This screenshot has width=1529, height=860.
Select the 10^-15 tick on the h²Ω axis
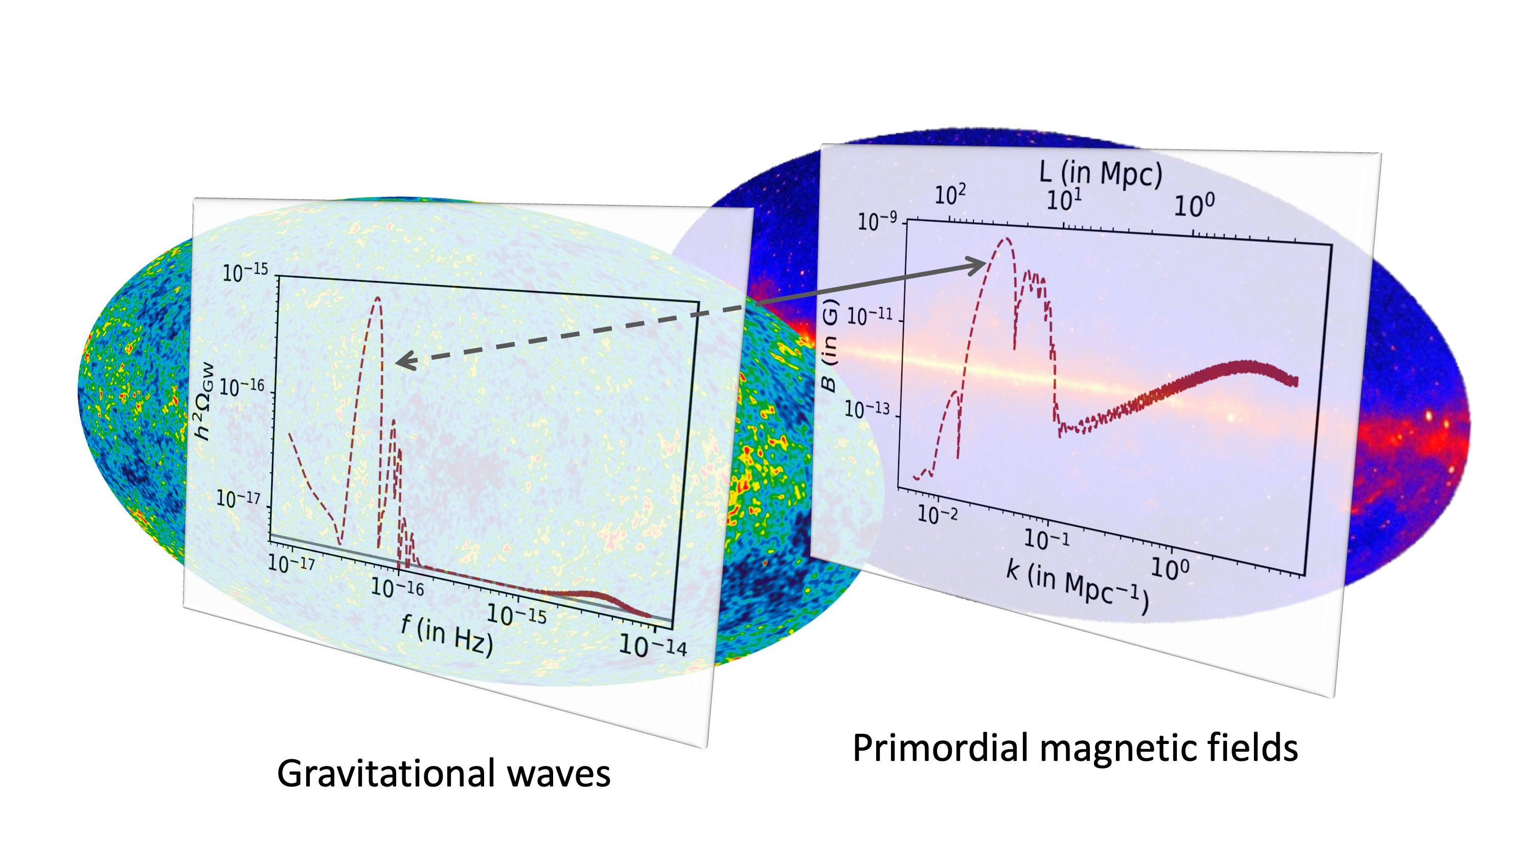pyautogui.click(x=244, y=273)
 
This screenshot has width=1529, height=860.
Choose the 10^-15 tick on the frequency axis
pyautogui.click(x=516, y=614)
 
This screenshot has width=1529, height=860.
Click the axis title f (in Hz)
pyautogui.click(x=447, y=636)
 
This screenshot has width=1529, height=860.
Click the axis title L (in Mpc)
pyautogui.click(x=1101, y=173)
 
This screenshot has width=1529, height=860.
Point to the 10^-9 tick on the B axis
pyautogui.click(x=877, y=221)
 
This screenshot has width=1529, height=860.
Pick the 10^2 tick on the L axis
pyautogui.click(x=950, y=195)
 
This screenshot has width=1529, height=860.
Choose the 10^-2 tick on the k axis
pyautogui.click(x=937, y=515)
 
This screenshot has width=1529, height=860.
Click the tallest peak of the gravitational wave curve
pyautogui.click(x=377, y=298)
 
